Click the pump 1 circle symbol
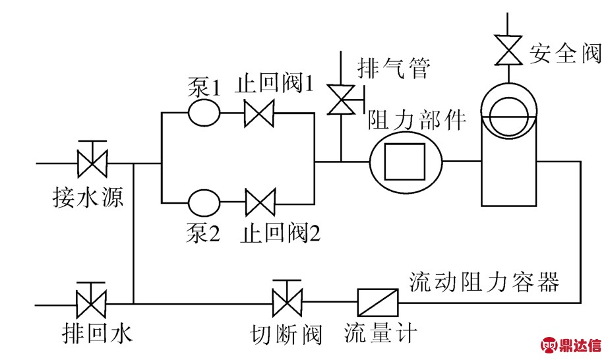[x=204, y=112]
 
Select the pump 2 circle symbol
[x=204, y=202]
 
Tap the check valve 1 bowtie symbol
[x=259, y=112]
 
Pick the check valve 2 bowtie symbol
[x=260, y=202]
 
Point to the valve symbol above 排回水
[x=90, y=304]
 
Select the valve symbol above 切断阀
[x=288, y=304]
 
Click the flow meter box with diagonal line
[x=378, y=303]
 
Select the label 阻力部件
[x=416, y=119]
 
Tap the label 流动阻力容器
[x=484, y=282]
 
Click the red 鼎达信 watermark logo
[x=571, y=344]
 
